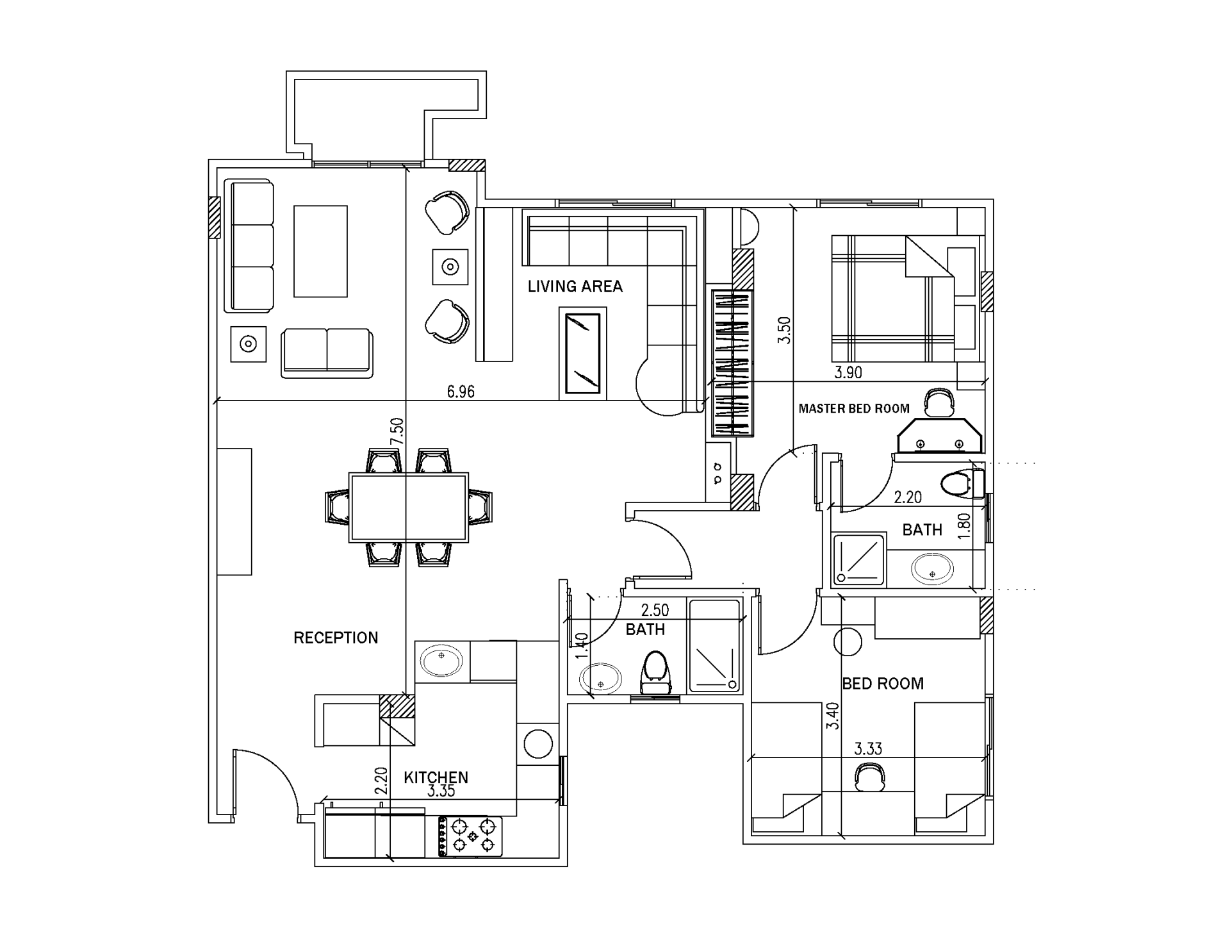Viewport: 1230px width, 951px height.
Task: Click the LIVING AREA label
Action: pyautogui.click(x=575, y=286)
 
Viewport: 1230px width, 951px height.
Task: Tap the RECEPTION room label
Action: pyautogui.click(x=336, y=638)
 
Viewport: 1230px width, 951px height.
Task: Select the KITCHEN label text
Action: pyautogui.click(x=436, y=777)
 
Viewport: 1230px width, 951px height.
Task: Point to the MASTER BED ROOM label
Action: pyautogui.click(x=854, y=408)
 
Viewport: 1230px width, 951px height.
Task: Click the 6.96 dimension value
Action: pyautogui.click(x=461, y=392)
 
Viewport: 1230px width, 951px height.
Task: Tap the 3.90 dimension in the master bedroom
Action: pyautogui.click(x=848, y=372)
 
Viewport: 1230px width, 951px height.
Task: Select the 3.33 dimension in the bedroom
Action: pyautogui.click(x=868, y=748)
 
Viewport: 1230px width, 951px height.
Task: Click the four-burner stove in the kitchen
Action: pyautogui.click(x=470, y=836)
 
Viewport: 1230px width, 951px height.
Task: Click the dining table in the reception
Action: pyautogui.click(x=409, y=508)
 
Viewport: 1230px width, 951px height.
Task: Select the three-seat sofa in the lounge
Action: pyautogui.click(x=249, y=246)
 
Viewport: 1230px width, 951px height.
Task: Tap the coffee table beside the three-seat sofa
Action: pyautogui.click(x=320, y=251)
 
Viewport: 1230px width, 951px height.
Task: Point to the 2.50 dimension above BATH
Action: pyautogui.click(x=655, y=610)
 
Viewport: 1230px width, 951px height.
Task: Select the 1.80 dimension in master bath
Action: pyautogui.click(x=965, y=525)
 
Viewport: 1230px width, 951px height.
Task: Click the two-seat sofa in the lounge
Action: pyautogui.click(x=327, y=353)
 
